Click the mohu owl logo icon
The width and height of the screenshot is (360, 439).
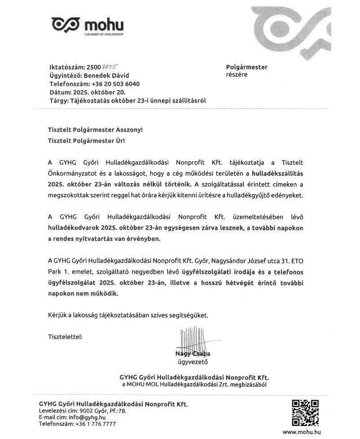coord(66,25)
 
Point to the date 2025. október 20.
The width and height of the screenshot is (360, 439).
coord(95,92)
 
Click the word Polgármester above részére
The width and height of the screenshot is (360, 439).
coord(247,67)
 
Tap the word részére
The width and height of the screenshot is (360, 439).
coord(237,75)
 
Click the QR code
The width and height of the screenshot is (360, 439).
coord(305,413)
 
